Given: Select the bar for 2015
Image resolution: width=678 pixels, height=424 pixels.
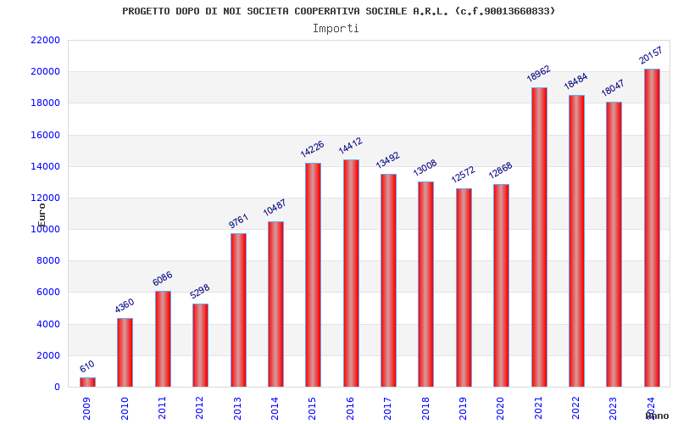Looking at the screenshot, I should coord(313,275).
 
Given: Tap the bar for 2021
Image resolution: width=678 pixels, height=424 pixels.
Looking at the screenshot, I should coord(539,237).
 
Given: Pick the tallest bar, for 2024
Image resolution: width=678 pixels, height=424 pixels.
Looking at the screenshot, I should coord(652,228).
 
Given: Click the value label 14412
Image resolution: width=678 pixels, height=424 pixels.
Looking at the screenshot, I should coord(350,146).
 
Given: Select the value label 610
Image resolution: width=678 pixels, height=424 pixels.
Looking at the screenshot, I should coord(87,366).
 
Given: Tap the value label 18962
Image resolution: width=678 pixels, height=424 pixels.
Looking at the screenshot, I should coord(539,74).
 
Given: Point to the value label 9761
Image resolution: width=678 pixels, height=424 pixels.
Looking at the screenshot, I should coord(238,220).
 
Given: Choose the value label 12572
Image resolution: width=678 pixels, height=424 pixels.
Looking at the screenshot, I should coord(464,174).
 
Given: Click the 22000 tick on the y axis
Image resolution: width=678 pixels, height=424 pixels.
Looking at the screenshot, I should coord(44,40).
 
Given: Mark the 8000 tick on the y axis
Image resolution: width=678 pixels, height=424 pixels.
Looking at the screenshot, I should coord(47,261).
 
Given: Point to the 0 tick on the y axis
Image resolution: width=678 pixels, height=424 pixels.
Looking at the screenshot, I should coord(57,387).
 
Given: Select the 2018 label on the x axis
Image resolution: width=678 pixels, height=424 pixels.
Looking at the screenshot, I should coord(425,407).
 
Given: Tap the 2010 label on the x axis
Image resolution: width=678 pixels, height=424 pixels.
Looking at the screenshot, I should coord(125,407).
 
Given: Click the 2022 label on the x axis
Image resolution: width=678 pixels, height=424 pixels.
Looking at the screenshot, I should coord(576,407).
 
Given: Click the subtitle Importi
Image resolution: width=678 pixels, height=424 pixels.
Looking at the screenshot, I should coord(336,28).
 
